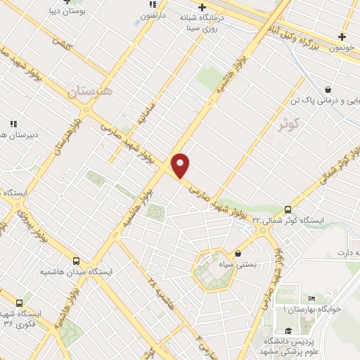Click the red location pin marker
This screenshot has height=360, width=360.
coord(181,165)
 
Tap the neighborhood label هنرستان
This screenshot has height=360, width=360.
coord(89,91)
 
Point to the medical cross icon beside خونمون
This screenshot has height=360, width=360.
coord(342,37)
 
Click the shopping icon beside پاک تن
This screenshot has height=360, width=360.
coord(328,89)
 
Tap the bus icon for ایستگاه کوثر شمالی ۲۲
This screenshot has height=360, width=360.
coord(287,210)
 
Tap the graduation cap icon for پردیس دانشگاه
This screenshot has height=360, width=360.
coord(288,331)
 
